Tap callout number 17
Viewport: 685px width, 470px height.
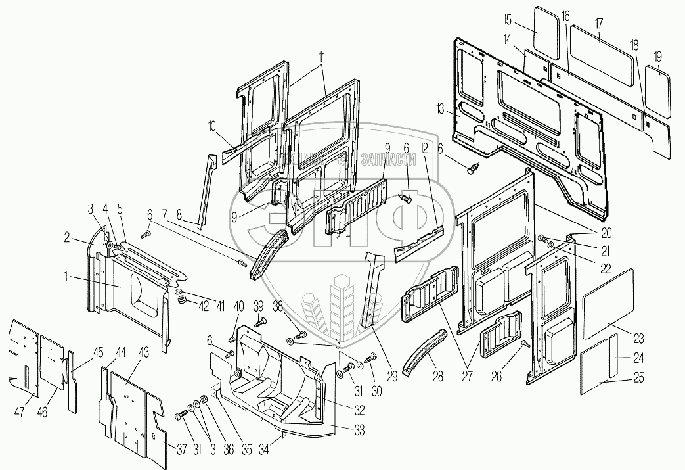(x=598, y=23)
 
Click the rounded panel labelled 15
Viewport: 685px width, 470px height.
(x=544, y=30)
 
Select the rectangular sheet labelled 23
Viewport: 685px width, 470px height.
(x=608, y=296)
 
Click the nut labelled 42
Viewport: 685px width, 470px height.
(x=183, y=300)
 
